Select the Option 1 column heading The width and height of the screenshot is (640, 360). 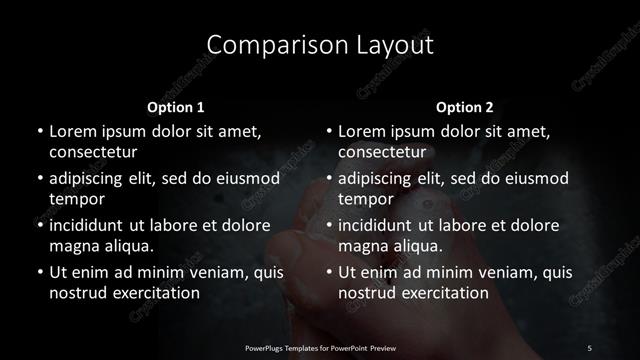[176, 106]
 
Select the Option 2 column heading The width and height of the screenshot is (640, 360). [465, 106]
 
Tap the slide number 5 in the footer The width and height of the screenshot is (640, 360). [589, 347]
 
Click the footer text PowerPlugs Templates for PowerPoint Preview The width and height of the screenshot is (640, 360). [320, 347]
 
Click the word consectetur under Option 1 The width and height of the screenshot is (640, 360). [93, 152]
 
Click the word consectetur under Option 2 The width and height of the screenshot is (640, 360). [383, 152]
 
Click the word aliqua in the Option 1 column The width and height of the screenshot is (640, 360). [128, 246]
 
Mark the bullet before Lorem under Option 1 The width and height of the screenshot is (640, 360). [38, 131]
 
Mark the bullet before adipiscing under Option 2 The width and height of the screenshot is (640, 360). [328, 178]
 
